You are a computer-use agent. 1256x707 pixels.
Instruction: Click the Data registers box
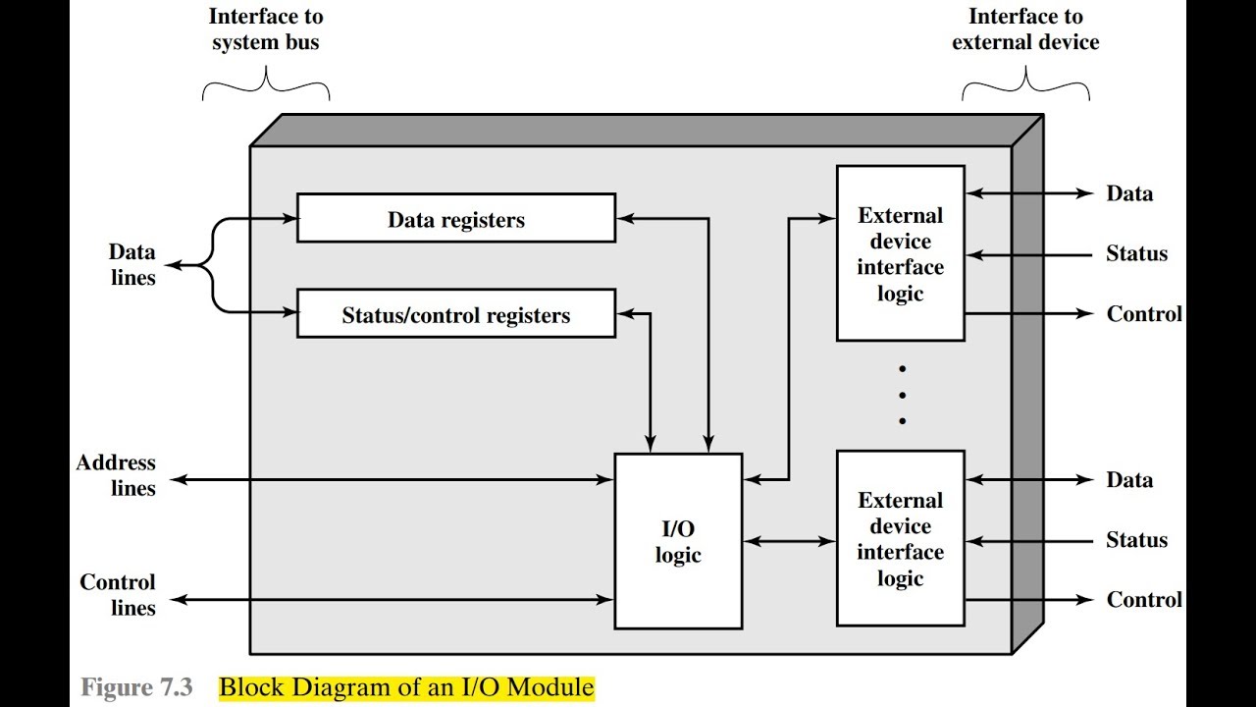[x=456, y=218]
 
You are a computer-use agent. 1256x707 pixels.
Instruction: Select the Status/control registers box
[x=456, y=313]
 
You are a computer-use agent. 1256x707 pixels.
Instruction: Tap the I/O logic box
[x=678, y=541]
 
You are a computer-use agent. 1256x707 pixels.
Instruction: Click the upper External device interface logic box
[x=901, y=253]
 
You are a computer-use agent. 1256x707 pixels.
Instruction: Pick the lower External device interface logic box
[x=901, y=538]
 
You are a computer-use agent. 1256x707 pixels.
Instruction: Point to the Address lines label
[x=116, y=475]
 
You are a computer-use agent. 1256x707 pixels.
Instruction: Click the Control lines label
[x=118, y=595]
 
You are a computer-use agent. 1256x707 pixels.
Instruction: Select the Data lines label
[x=132, y=264]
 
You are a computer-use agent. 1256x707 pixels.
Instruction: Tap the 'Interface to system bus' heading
[x=266, y=29]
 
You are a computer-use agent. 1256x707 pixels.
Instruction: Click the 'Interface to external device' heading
[x=1025, y=29]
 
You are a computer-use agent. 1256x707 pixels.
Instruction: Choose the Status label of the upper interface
[x=1136, y=253]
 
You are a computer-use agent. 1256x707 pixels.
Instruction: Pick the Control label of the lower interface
[x=1144, y=599]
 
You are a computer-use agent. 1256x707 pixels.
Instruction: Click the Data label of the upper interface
[x=1129, y=193]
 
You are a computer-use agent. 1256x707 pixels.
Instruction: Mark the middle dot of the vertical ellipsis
[x=902, y=395]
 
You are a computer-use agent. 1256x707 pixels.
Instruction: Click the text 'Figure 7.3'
[x=136, y=686]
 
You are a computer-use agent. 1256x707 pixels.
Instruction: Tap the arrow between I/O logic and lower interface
[x=790, y=541]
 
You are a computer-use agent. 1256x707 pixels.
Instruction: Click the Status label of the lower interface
[x=1136, y=539]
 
